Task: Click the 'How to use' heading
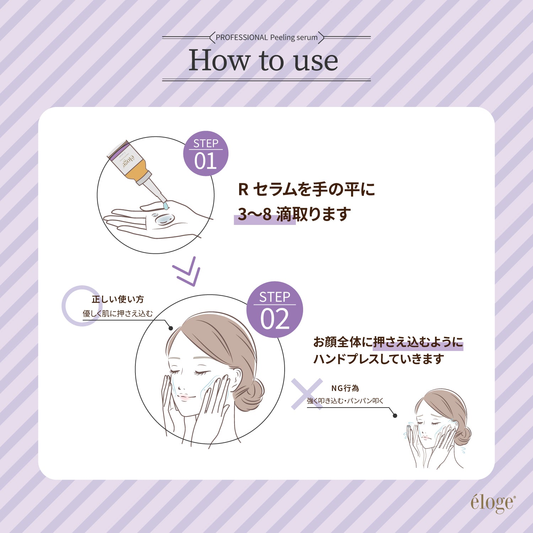tap(263, 60)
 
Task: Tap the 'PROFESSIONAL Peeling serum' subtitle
tap(266, 37)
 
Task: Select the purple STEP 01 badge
tap(205, 154)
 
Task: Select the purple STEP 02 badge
tap(274, 310)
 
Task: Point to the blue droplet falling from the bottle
tap(166, 206)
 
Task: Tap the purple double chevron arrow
tap(187, 272)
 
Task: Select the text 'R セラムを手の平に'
tap(306, 189)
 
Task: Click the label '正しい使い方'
tap(118, 300)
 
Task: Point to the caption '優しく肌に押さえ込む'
tap(118, 313)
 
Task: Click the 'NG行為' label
tap(345, 388)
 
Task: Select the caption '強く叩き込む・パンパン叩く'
tap(345, 401)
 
